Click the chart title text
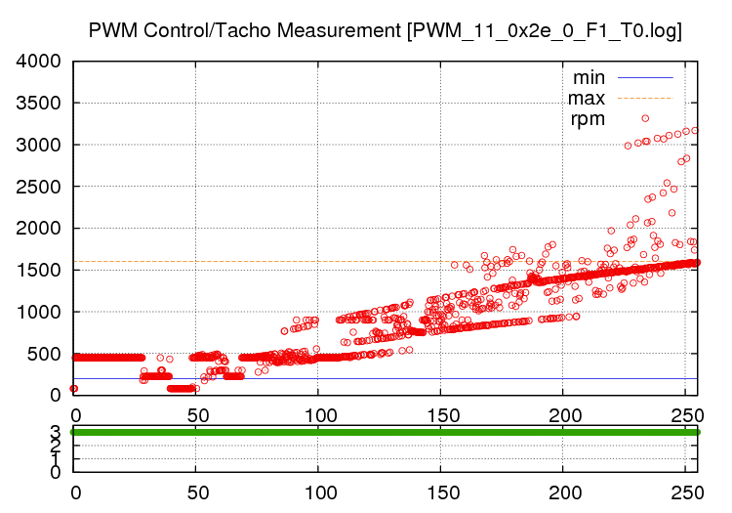(x=385, y=31)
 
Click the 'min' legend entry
(x=589, y=77)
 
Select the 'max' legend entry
(x=588, y=98)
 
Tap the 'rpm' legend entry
(x=589, y=119)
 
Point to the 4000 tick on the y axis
(x=39, y=62)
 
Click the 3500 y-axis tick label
(x=39, y=104)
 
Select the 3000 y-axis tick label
(x=39, y=145)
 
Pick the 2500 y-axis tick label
(x=39, y=187)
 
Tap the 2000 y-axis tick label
(x=39, y=229)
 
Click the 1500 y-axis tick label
(x=39, y=270)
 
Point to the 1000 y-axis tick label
(x=39, y=312)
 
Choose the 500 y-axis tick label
(x=45, y=354)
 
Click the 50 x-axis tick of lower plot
(x=196, y=492)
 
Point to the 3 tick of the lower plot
(x=55, y=431)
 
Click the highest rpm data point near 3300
(x=645, y=118)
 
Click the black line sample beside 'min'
(x=643, y=77)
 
